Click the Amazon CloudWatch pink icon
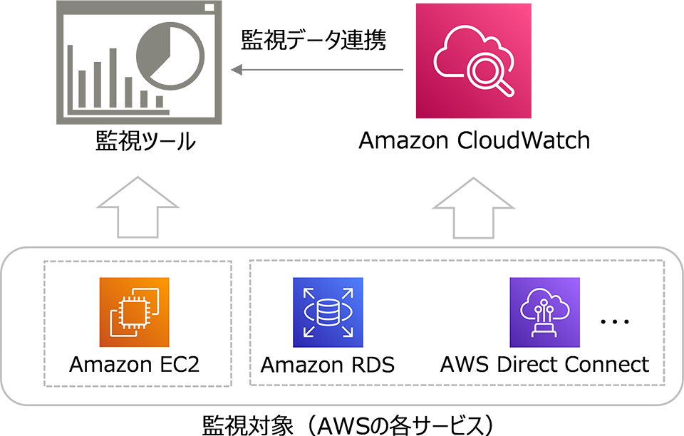point(474,61)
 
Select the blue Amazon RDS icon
point(328,312)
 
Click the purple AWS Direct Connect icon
point(545,312)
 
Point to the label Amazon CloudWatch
point(474,140)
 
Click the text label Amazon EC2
point(135,365)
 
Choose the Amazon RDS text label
point(328,365)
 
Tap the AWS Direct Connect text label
point(545,365)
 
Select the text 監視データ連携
point(313,41)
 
